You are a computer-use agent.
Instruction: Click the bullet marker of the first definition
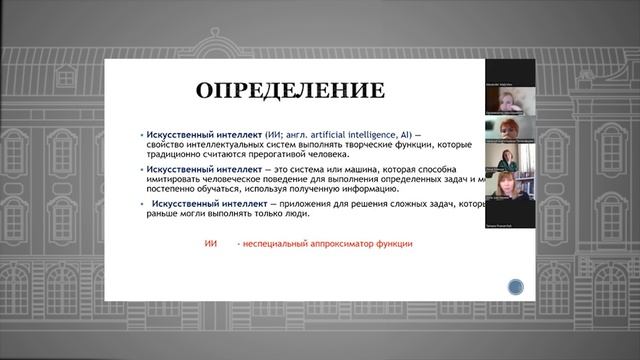pos(141,133)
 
